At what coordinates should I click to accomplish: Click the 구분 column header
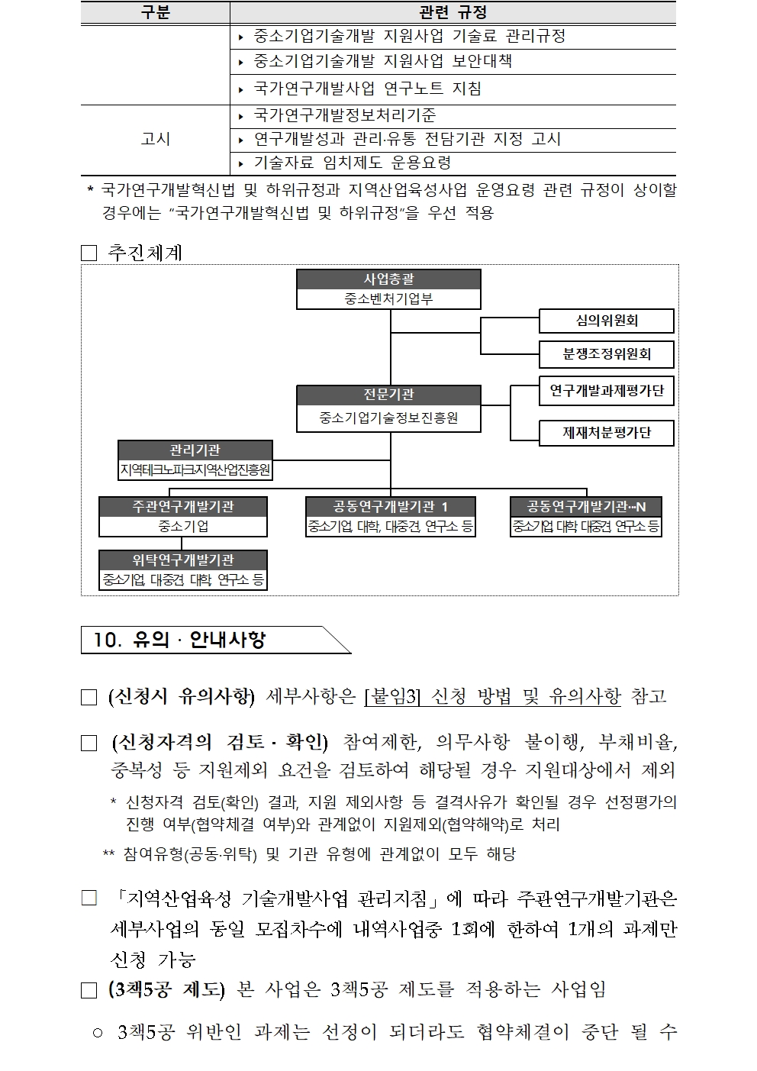pos(155,13)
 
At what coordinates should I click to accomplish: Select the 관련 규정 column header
pos(453,13)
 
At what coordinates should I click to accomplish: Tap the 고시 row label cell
pos(155,139)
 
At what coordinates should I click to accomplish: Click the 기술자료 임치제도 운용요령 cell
pos(353,163)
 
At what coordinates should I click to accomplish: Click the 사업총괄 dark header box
pos(388,279)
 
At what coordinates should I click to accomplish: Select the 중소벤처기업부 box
pos(388,299)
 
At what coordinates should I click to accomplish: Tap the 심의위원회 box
pos(607,321)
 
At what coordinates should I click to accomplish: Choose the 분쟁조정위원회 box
pos(607,354)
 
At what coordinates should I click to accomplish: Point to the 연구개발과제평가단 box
pos(607,391)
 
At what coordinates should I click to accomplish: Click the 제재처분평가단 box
pos(607,433)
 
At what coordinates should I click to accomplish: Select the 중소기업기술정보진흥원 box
pos(388,418)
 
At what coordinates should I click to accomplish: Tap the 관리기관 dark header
pos(195,450)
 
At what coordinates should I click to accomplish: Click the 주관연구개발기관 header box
pos(182,507)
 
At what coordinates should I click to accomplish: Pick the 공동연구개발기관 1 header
pos(390,507)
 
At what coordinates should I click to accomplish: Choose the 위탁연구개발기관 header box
pos(182,560)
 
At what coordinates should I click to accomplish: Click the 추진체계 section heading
pos(145,253)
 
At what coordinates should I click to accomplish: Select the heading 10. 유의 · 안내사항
pos(179,640)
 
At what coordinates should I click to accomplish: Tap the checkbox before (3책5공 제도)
pos(89,991)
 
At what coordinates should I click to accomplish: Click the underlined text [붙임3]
pos(393,696)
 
